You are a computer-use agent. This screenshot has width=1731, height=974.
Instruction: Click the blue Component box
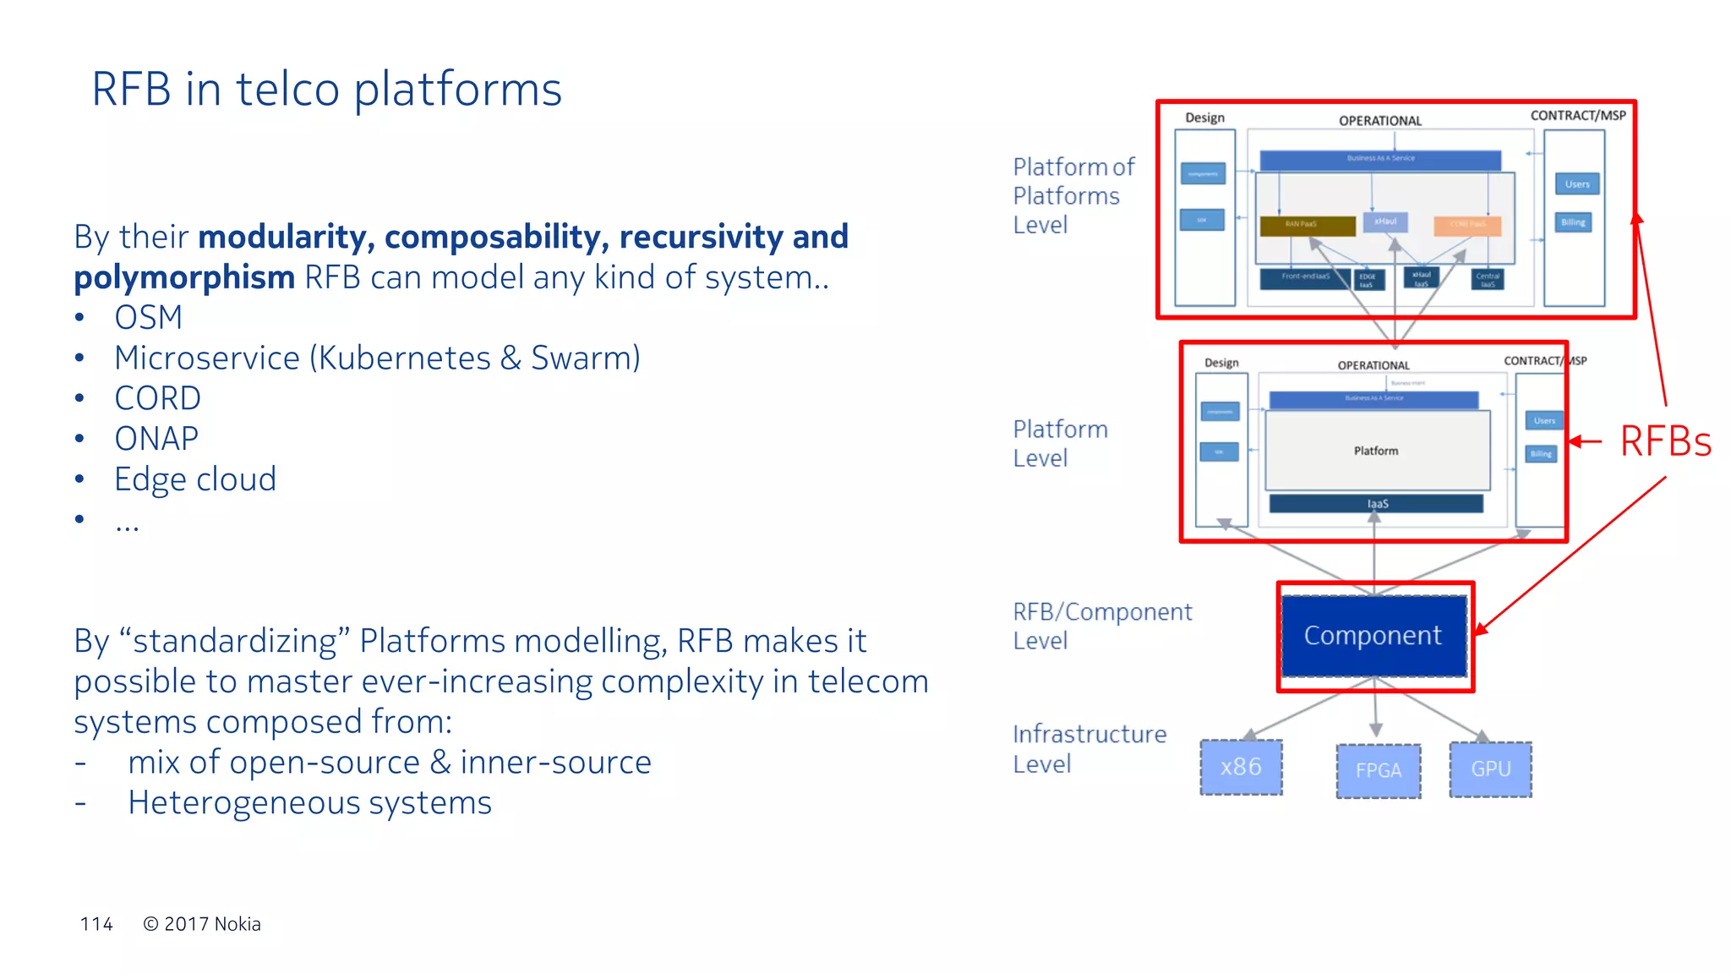pyautogui.click(x=1373, y=636)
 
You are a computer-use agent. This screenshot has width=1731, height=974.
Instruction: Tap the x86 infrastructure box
pyautogui.click(x=1241, y=768)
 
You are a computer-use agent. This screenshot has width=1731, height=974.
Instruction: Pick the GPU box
pyautogui.click(x=1490, y=769)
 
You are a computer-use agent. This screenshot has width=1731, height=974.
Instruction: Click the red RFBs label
pyautogui.click(x=1664, y=441)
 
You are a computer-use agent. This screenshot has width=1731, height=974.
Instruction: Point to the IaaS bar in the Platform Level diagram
pyautogui.click(x=1376, y=504)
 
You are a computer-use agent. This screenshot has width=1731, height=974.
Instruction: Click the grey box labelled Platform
pyautogui.click(x=1376, y=451)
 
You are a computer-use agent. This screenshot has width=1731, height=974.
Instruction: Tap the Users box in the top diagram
pyautogui.click(x=1576, y=184)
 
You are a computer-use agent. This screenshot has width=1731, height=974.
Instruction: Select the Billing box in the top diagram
pyautogui.click(x=1573, y=222)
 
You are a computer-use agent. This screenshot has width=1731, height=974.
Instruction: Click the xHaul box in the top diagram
pyautogui.click(x=1385, y=222)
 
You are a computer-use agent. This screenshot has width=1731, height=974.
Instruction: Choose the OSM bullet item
pyautogui.click(x=149, y=318)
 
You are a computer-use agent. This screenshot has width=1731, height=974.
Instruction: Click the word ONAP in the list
pyautogui.click(x=156, y=439)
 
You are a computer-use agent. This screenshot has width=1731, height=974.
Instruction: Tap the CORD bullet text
pyautogui.click(x=157, y=398)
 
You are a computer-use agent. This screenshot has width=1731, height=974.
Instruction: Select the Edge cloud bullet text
pyautogui.click(x=195, y=479)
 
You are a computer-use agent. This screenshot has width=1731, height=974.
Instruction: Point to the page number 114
pyautogui.click(x=96, y=924)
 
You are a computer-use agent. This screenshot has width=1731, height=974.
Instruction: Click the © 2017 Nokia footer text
pyautogui.click(x=202, y=924)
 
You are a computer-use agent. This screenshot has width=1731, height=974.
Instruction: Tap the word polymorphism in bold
pyautogui.click(x=184, y=277)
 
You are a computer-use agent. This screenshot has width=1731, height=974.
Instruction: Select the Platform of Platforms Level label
pyautogui.click(x=1072, y=196)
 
